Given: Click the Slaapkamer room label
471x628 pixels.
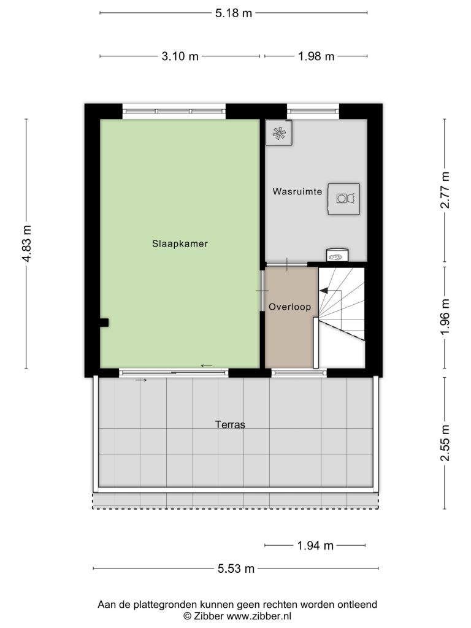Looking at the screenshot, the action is pos(180,243).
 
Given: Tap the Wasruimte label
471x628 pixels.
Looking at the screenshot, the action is pos(297,191).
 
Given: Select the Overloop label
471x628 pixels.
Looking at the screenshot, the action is pos(289,307).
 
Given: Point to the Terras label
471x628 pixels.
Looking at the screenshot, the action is pos(230,424).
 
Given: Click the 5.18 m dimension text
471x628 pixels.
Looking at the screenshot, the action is pos(234,13).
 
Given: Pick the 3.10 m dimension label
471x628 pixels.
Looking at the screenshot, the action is pos(180,56).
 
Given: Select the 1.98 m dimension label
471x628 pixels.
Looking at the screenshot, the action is pos(316,56).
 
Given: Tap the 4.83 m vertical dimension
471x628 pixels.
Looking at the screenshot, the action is pos(26,243).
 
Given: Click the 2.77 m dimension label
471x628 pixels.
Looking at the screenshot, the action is pos(445,190).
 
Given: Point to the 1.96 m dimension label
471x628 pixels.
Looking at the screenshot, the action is pos(445,317).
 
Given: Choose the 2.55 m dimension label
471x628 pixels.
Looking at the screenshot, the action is pos(445,443).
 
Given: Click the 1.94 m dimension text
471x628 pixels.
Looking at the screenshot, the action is pos(315,545).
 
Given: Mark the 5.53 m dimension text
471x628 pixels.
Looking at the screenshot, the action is pos(236,569).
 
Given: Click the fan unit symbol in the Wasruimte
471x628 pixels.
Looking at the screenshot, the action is pos(279,133).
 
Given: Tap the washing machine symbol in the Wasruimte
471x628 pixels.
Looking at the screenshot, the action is pos(343,199).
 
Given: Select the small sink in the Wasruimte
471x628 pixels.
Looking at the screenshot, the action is pos(337,255).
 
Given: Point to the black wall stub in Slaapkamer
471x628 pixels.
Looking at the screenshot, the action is pos(104,323).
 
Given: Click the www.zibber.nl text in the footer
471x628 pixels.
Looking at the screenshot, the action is pos(259,616).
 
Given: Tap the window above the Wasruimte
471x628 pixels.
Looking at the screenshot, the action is pos(313,111).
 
